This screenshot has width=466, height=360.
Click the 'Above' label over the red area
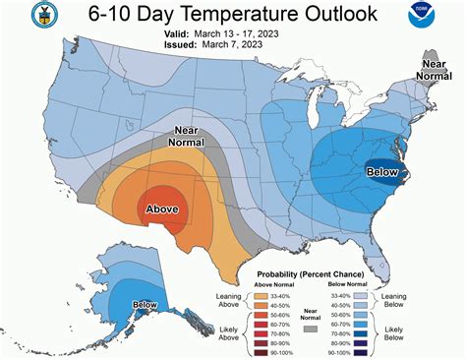pyautogui.click(x=161, y=209)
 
